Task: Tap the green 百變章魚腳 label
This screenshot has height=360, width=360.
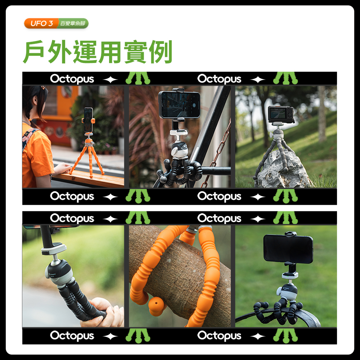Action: (x=73, y=23)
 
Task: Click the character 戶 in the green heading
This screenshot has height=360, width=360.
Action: (x=34, y=51)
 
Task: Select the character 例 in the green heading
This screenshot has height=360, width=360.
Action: (x=161, y=51)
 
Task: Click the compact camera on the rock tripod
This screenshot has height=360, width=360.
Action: (x=280, y=114)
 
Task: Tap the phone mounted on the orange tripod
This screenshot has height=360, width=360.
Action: (x=88, y=120)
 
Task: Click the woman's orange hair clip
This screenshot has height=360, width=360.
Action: (x=43, y=88)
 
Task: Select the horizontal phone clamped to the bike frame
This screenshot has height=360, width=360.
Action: (x=179, y=104)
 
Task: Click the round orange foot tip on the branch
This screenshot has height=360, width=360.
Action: (x=156, y=305)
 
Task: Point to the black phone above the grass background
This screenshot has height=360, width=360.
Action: (x=288, y=249)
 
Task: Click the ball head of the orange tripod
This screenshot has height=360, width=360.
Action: (x=89, y=142)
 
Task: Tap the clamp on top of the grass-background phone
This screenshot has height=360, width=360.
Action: (x=291, y=234)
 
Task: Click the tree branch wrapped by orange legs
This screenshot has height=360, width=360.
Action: (x=181, y=271)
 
